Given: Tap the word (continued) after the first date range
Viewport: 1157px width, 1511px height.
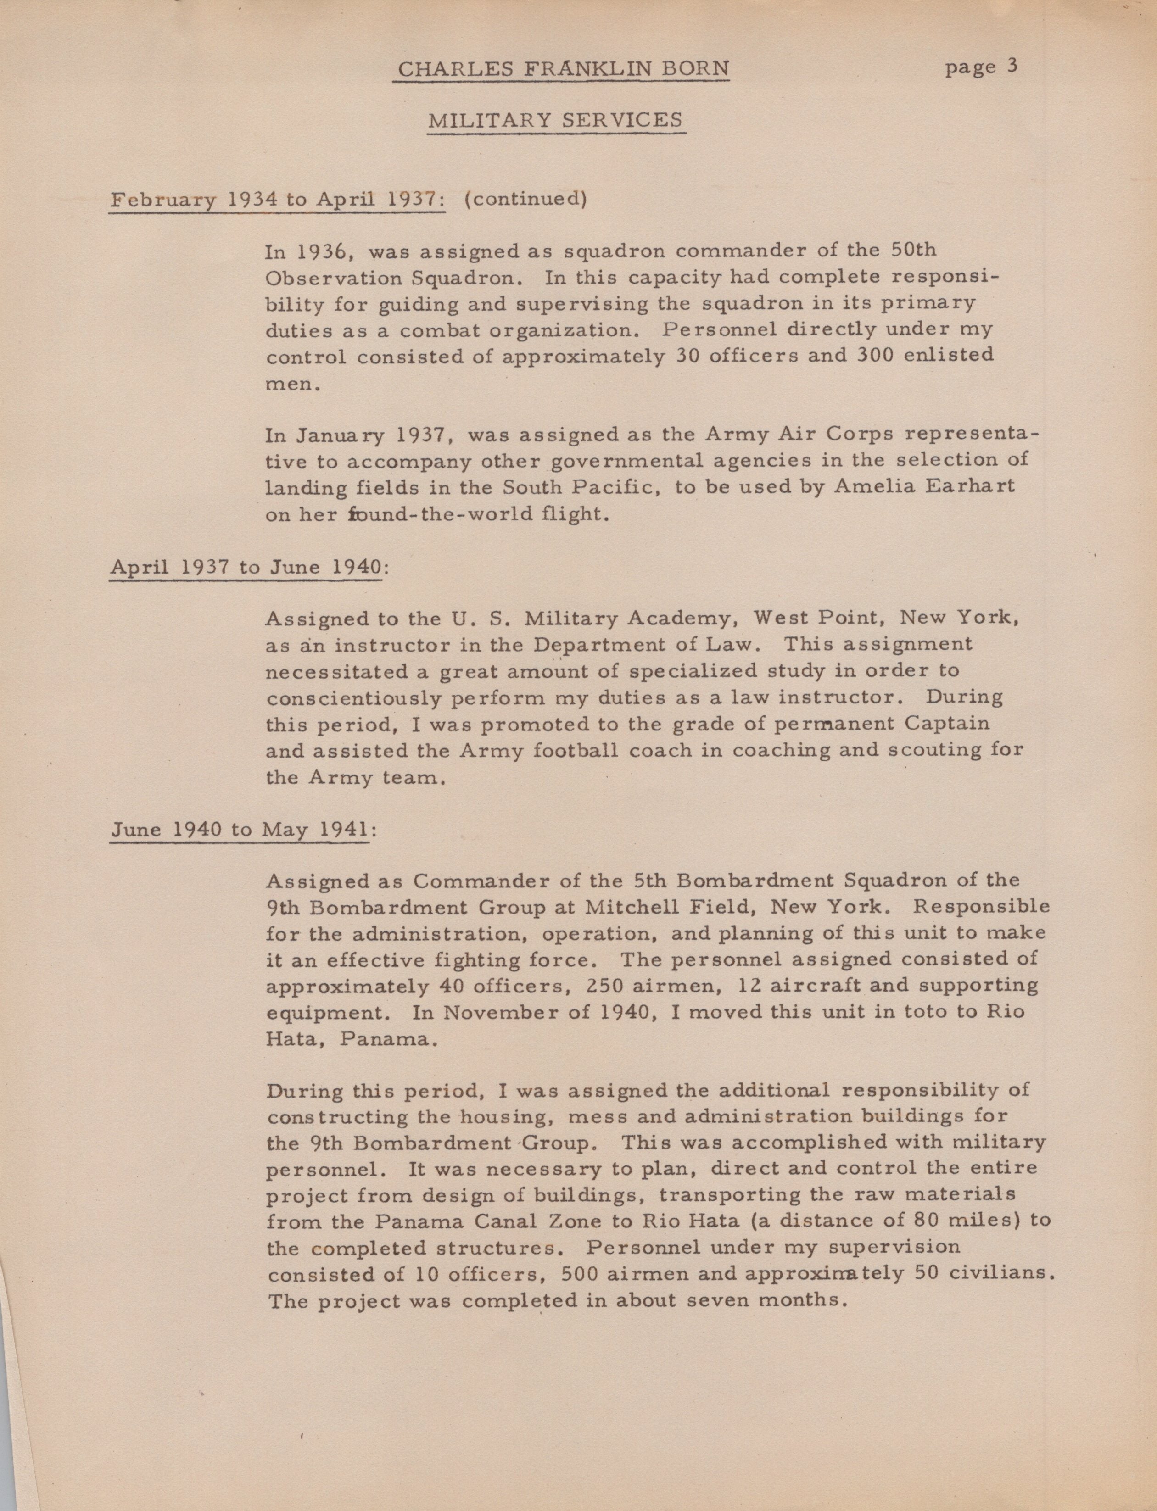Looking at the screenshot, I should click(525, 199).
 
